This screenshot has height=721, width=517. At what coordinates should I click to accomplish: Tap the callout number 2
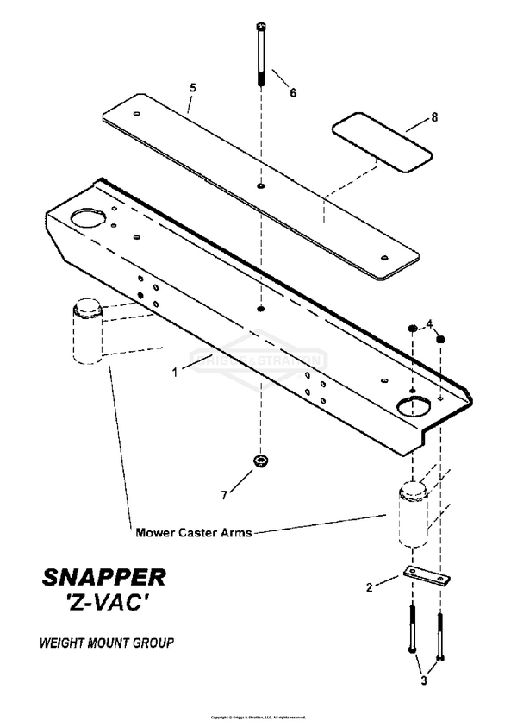coord(370,587)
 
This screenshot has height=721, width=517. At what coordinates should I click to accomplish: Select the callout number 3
coord(423,679)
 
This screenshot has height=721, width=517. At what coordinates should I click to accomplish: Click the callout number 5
coord(193,86)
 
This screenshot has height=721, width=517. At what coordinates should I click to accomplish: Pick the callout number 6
coord(292,92)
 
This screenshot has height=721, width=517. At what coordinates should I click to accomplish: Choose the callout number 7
coord(225,494)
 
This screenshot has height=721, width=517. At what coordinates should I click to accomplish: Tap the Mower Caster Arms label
coord(194,532)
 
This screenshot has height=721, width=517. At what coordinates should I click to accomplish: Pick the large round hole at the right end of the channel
coord(414,405)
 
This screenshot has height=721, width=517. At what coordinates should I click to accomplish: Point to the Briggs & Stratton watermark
coord(258,360)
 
